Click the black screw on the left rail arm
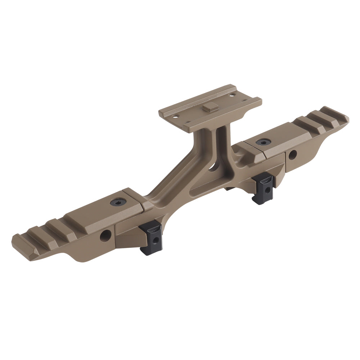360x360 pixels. (x=118, y=202)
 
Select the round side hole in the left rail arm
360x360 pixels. (x=105, y=236)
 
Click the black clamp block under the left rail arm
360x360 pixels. (x=151, y=238)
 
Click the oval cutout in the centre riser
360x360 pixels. (x=215, y=166)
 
